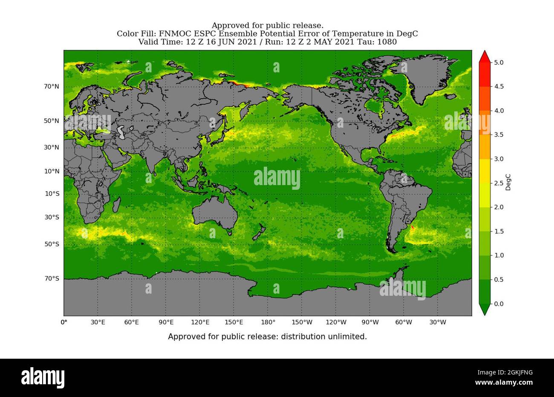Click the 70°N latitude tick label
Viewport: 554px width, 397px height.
[51, 87]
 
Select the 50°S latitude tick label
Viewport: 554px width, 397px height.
[51, 244]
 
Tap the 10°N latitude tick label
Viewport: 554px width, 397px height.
[51, 171]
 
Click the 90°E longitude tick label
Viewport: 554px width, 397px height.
[166, 322]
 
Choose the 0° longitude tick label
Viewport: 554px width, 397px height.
[64, 322]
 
